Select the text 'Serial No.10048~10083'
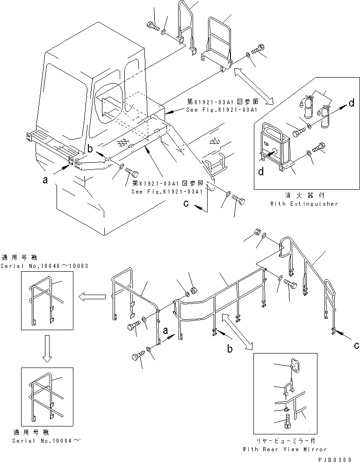coord(44,266)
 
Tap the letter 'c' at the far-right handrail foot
coord(357,345)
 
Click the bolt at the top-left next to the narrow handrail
coord(152,26)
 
